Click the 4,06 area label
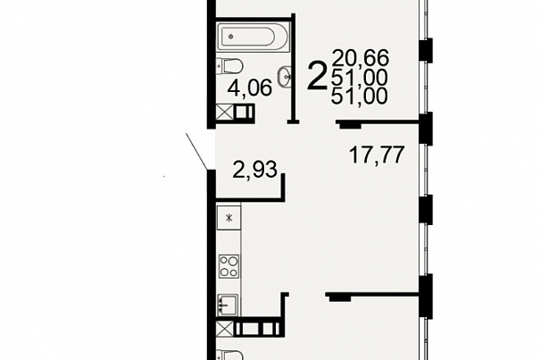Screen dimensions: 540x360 pyautogui.click(x=250, y=88)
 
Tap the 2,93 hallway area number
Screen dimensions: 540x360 pyautogui.click(x=255, y=170)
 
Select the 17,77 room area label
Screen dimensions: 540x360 pyautogui.click(x=377, y=155)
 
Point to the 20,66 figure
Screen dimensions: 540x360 pyautogui.click(x=360, y=57)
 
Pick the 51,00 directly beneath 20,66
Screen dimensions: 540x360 pyautogui.click(x=360, y=77)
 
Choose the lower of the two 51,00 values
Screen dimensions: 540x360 pyautogui.click(x=360, y=96)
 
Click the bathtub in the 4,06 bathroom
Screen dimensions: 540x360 pyautogui.click(x=253, y=37)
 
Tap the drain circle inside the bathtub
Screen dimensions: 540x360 pyautogui.click(x=231, y=37)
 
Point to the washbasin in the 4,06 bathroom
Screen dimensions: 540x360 pyautogui.click(x=285, y=76)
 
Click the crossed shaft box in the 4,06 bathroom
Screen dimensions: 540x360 pyautogui.click(x=225, y=113)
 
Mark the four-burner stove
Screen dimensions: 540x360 pyautogui.click(x=229, y=266)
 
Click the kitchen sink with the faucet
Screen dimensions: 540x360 pyautogui.click(x=228, y=305)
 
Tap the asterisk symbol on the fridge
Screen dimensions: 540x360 pyautogui.click(x=229, y=218)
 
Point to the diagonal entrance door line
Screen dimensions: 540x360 pyautogui.click(x=196, y=152)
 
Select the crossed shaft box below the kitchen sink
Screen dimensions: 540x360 pyautogui.click(x=225, y=329)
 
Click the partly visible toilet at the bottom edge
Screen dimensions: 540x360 pyautogui.click(x=229, y=356)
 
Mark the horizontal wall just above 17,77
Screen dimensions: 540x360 pyautogui.click(x=377, y=122)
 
